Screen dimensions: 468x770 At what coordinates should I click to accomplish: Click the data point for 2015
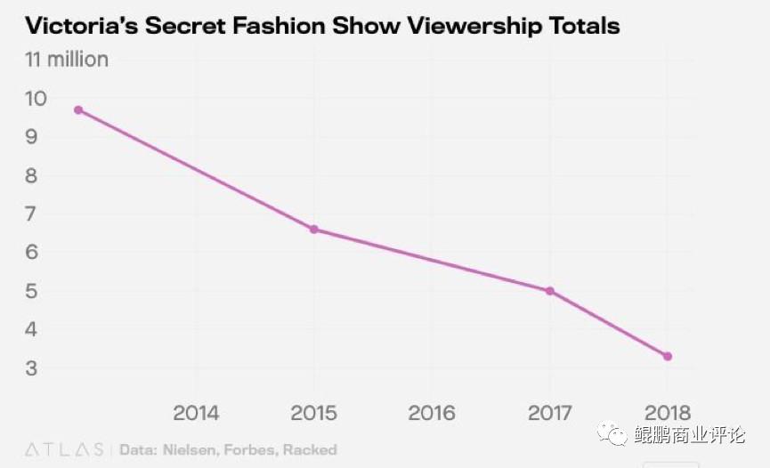coord(313,230)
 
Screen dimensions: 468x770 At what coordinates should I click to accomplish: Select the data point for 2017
coord(549,291)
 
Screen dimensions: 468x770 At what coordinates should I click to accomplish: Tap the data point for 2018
coord(667,357)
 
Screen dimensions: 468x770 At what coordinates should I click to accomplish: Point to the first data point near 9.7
coord(78,110)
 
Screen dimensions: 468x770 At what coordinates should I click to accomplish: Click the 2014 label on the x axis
coord(196,413)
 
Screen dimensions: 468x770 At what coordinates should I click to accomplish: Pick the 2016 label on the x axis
coord(431,413)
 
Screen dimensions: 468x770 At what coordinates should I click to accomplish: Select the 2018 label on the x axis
coord(667,413)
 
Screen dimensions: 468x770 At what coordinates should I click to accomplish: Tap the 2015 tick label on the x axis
coord(313,413)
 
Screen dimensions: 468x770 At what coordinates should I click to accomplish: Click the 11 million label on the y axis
coord(67,61)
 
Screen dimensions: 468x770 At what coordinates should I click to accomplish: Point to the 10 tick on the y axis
coord(36,98)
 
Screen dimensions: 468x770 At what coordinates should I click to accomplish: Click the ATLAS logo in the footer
coord(62,449)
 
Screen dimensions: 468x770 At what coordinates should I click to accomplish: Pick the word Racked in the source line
coord(310,449)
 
